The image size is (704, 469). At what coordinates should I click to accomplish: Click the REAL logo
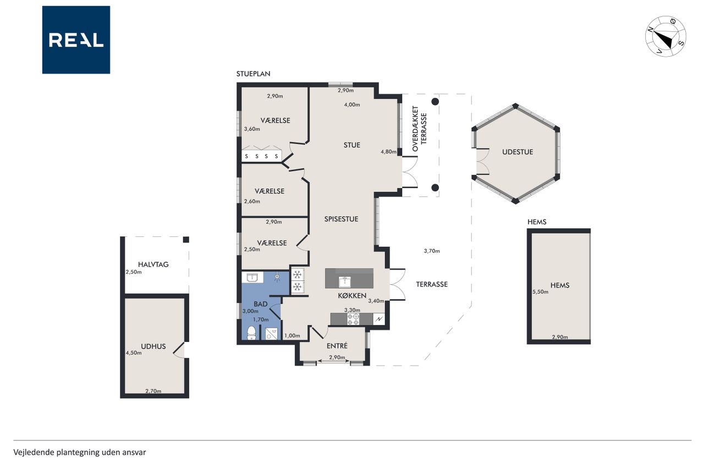tap(76, 40)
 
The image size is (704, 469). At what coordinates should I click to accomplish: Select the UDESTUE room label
tap(518, 152)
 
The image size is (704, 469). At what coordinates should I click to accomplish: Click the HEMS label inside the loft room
tap(560, 285)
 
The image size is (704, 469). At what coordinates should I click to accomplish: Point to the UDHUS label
tap(153, 346)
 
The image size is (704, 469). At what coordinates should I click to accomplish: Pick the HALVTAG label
tap(153, 264)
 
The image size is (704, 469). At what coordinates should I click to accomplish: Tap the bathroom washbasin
tap(252, 277)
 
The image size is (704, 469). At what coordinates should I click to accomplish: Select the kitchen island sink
tap(345, 282)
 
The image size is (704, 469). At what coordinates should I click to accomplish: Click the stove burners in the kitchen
tap(353, 319)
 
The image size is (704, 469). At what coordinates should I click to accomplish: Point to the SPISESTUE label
tap(341, 219)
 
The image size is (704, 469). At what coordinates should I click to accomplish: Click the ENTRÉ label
tap(337, 345)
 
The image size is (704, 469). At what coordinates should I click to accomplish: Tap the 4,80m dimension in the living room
tap(388, 152)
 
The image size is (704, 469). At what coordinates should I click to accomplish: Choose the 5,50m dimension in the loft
tap(540, 292)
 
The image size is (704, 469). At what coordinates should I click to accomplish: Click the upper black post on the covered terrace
tap(435, 102)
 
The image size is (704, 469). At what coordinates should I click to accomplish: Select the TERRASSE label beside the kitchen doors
tap(432, 284)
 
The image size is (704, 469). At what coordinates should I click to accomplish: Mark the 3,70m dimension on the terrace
tap(432, 251)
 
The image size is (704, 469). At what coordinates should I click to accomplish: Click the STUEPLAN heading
tap(254, 74)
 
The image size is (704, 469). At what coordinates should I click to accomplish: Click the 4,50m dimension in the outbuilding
tap(134, 353)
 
